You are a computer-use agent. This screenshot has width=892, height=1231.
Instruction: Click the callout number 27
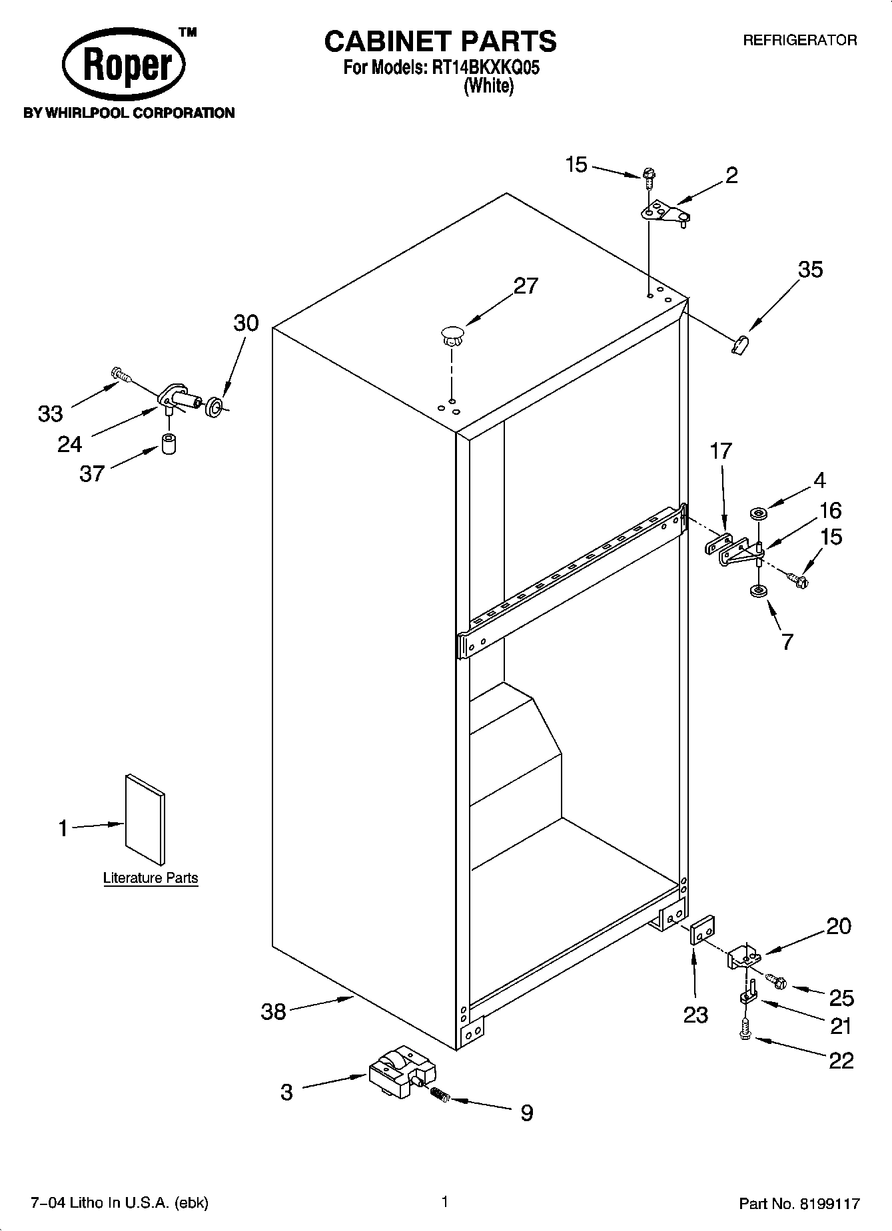click(x=526, y=286)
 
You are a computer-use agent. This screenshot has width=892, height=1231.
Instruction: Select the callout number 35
click(x=810, y=270)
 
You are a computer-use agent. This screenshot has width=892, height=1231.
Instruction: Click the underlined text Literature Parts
click(x=151, y=878)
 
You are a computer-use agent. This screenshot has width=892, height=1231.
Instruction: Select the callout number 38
click(x=273, y=1012)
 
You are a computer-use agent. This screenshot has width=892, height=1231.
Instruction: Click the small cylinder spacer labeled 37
click(x=170, y=443)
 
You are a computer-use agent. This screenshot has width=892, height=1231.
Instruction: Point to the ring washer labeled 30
click(x=215, y=407)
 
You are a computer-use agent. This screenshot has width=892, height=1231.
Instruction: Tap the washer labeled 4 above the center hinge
click(x=758, y=513)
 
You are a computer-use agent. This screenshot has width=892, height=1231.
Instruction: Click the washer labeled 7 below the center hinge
click(x=757, y=591)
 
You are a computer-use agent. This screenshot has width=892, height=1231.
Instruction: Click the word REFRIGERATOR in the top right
click(x=799, y=41)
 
